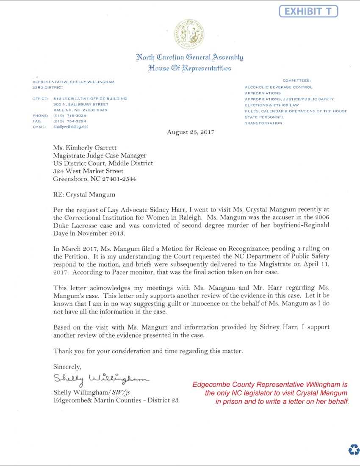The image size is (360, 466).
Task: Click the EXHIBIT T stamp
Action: click(x=308, y=11)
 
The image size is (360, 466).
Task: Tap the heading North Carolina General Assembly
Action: click(x=189, y=57)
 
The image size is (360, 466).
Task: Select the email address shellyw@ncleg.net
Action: click(x=71, y=127)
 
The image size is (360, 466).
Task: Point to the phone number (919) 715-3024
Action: click(x=69, y=116)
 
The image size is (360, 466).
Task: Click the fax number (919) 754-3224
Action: click(x=69, y=121)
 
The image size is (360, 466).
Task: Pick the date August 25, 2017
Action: click(x=190, y=132)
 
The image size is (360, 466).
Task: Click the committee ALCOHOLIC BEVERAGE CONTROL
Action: click(x=279, y=87)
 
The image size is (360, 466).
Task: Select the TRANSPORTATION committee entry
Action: click(x=263, y=123)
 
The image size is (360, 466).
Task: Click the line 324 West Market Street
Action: click(x=88, y=171)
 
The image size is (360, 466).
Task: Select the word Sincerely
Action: click(x=67, y=366)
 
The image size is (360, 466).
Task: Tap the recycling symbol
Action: click(x=354, y=449)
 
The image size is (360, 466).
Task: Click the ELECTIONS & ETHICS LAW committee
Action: click(x=272, y=105)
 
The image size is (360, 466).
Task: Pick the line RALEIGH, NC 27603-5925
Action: click(x=80, y=110)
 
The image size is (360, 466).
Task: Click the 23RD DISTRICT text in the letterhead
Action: click(x=48, y=88)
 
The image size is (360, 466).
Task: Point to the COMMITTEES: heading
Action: click(x=296, y=80)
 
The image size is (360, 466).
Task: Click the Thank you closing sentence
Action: click(x=148, y=351)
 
